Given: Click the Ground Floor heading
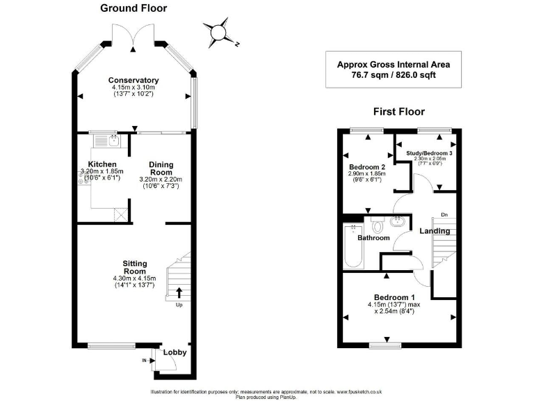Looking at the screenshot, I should point(133,8).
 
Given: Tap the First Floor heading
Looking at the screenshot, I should point(398,111).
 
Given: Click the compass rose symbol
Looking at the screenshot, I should point(219,31).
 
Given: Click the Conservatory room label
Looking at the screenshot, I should point(133,80).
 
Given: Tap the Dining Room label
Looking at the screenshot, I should point(161,169).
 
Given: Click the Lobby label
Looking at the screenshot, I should point(175,353).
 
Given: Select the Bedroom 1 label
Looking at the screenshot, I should point(398,295).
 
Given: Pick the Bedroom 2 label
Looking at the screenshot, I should point(367,167).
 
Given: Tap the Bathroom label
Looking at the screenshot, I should point(373,237).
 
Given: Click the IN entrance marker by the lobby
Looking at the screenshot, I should point(145,361).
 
